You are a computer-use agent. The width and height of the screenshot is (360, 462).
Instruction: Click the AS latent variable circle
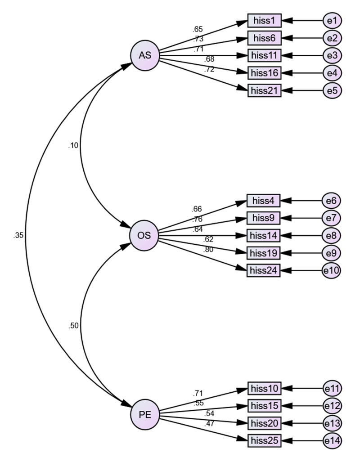click(x=145, y=55)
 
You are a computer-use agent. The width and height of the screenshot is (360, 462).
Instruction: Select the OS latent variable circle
click(x=144, y=235)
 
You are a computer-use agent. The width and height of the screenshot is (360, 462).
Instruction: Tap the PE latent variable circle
click(x=145, y=415)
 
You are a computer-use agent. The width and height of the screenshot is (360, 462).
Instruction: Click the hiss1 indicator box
click(x=264, y=20)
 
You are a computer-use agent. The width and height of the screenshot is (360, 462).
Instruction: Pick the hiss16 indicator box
click(x=264, y=72)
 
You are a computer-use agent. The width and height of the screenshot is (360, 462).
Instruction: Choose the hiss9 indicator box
click(x=263, y=218)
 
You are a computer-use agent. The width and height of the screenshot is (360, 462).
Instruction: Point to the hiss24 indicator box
click(x=263, y=270)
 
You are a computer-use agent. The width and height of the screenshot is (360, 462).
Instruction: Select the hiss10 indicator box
click(x=264, y=388)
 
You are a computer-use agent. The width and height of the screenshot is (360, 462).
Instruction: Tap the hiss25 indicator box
click(x=264, y=440)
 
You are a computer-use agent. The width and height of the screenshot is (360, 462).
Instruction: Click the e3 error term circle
click(x=333, y=55)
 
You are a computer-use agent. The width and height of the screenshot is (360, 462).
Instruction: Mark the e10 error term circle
click(x=332, y=270)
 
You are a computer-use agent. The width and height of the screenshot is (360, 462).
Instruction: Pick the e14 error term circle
click(x=333, y=440)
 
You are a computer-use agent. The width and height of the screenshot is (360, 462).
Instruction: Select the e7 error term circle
click(x=332, y=218)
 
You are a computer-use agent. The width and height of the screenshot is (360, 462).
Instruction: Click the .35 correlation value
click(x=18, y=235)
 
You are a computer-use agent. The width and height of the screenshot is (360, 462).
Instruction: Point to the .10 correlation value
click(x=73, y=145)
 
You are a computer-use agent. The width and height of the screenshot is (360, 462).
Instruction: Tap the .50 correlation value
click(x=74, y=326)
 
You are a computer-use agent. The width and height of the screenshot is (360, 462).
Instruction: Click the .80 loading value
click(x=209, y=249)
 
